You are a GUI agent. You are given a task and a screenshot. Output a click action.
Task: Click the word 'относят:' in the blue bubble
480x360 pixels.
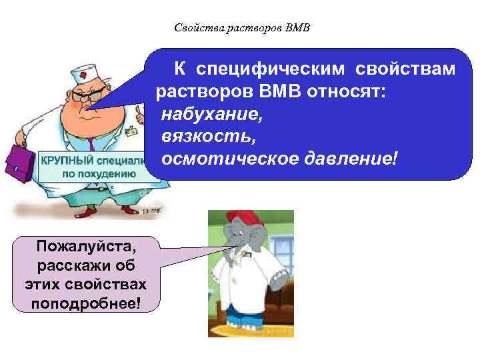[345, 91]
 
